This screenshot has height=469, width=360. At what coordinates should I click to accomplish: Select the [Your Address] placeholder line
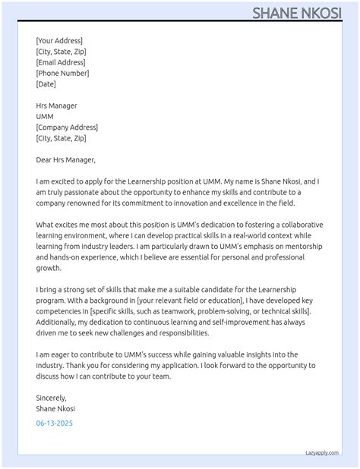pyautogui.click(x=59, y=41)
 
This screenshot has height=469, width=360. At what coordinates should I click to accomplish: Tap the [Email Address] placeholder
pyautogui.click(x=61, y=62)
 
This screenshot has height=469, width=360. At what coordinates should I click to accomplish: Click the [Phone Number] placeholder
pyautogui.click(x=62, y=73)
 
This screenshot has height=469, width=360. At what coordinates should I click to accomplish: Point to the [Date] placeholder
pyautogui.click(x=46, y=84)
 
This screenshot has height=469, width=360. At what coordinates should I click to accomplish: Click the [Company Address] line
pyautogui.click(x=67, y=127)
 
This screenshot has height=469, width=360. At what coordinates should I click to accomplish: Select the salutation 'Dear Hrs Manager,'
pyautogui.click(x=66, y=160)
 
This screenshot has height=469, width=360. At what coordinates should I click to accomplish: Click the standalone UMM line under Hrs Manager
pyautogui.click(x=44, y=117)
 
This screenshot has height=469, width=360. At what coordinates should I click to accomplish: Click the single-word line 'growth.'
pyautogui.click(x=49, y=269)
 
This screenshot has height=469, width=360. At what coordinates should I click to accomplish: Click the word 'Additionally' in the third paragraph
pyautogui.click(x=58, y=323)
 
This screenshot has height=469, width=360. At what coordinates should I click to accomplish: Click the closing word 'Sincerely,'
pyautogui.click(x=52, y=398)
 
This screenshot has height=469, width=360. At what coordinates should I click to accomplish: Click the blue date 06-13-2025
pyautogui.click(x=55, y=423)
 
